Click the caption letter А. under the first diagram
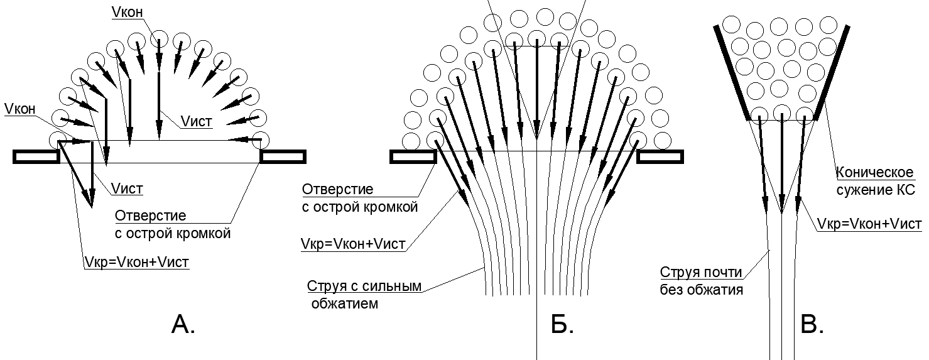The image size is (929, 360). (183, 324)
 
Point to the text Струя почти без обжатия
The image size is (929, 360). (701, 281)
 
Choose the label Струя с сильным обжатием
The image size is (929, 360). (363, 295)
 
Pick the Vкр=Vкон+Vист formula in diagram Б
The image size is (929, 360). (354, 244)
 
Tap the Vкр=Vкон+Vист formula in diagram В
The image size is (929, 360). (869, 224)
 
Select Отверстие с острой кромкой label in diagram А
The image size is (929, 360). (173, 224)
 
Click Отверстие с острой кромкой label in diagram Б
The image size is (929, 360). (360, 198)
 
